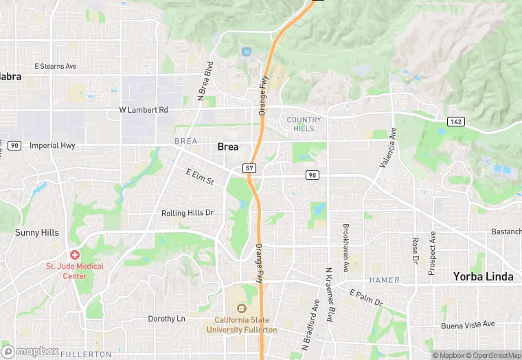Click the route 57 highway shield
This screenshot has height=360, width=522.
click(x=249, y=168)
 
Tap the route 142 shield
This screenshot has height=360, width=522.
click(x=455, y=122)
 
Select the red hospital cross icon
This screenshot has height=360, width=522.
click(x=74, y=255)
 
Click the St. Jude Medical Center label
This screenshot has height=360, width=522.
click(x=75, y=271)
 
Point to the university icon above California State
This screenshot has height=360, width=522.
click(x=241, y=308)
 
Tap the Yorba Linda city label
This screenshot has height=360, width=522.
click(x=483, y=276)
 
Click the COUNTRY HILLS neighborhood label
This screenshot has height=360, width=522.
click(x=303, y=124)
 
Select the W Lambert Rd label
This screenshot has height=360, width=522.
click(x=144, y=110)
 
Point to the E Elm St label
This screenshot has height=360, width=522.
click(x=200, y=177)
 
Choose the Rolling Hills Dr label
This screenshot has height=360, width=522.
click(x=188, y=213)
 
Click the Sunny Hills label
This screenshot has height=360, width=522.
click(x=37, y=233)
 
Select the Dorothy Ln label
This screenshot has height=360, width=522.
click(x=167, y=319)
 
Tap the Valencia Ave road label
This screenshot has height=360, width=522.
click(x=389, y=148)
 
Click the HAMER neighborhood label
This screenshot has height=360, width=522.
click(x=384, y=280)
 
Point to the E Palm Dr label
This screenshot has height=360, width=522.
click(x=365, y=297)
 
